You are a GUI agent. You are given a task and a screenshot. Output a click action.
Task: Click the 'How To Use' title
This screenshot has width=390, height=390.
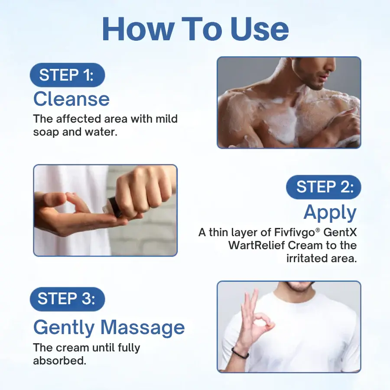point(195,29)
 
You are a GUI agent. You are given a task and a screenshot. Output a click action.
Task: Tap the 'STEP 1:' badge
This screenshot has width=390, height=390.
point(67,75)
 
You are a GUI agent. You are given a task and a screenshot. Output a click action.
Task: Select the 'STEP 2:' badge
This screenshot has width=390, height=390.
point(324,187)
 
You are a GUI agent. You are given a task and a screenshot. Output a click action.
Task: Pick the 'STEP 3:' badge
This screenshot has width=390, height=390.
point(67,299)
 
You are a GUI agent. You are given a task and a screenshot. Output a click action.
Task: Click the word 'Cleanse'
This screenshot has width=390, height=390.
point(71,99)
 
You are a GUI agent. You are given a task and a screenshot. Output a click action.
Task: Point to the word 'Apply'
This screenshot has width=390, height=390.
point(330,212)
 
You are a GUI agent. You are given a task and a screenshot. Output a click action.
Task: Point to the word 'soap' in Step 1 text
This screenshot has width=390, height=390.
point(46,132)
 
